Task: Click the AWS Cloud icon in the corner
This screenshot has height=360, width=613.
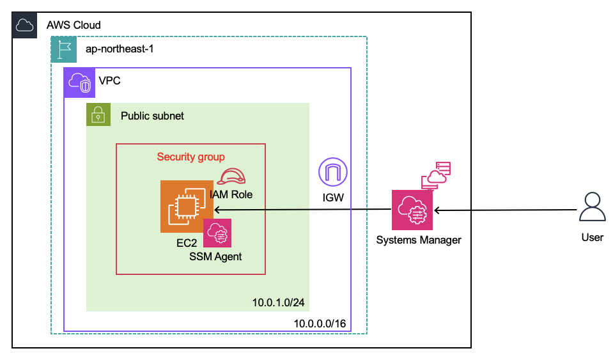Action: point(24,25)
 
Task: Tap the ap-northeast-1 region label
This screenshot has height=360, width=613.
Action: point(120,49)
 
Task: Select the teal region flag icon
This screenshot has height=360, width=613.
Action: point(63,49)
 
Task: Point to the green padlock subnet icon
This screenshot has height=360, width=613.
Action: point(98,115)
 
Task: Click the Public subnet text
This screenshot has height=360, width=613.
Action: point(152,116)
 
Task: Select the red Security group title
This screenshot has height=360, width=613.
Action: point(190,157)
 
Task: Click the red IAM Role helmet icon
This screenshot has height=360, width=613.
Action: point(231,178)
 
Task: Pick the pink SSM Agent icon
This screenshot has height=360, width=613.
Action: point(217,233)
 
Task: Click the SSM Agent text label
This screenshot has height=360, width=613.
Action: point(215,256)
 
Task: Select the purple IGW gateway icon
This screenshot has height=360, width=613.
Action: point(333,173)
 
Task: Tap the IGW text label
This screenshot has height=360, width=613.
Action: point(333,198)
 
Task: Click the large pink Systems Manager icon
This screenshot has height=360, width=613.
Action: point(412,210)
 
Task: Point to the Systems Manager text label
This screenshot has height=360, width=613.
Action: point(419,240)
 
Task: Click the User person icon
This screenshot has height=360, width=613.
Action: point(592,208)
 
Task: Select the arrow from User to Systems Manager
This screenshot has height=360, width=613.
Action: point(505,210)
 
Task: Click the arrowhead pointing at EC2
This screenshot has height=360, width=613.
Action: point(217,210)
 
